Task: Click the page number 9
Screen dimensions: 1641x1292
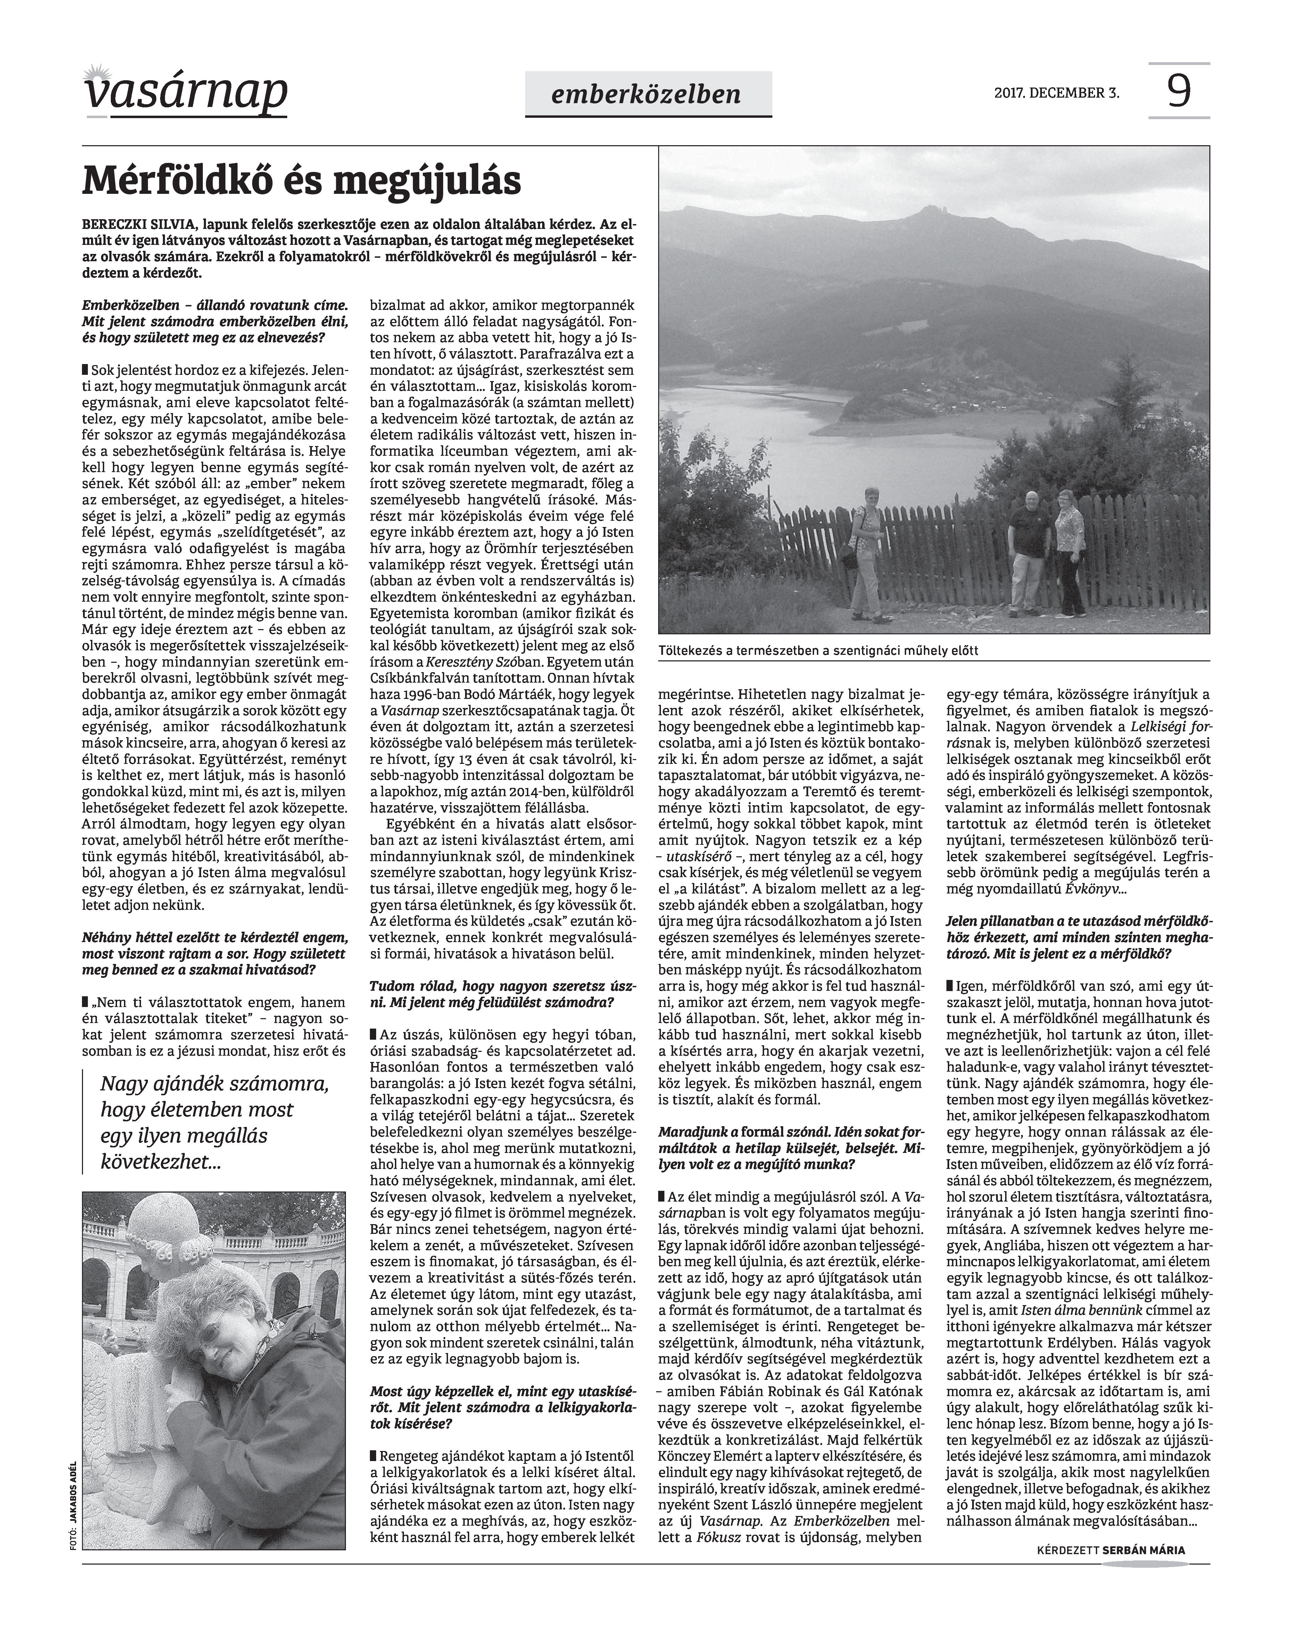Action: coord(1178,92)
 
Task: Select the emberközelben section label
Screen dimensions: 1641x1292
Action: coord(647,94)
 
